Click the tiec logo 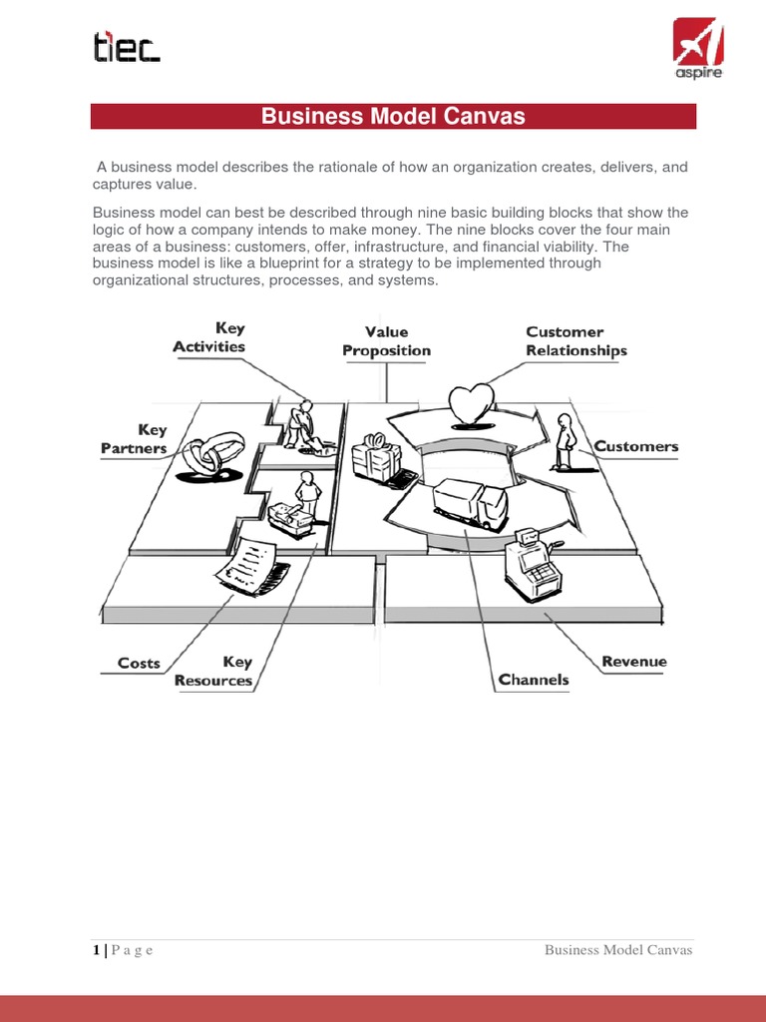pyautogui.click(x=126, y=48)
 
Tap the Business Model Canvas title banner pyautogui.click(x=393, y=117)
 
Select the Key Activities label pyautogui.click(x=209, y=337)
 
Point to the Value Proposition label pyautogui.click(x=386, y=341)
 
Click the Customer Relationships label pyautogui.click(x=576, y=341)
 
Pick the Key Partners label pyautogui.click(x=134, y=439)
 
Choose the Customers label pyautogui.click(x=636, y=446)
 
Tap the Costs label pyautogui.click(x=139, y=663)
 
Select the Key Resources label pyautogui.click(x=213, y=672)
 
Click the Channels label pyautogui.click(x=534, y=680)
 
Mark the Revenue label pyautogui.click(x=634, y=662)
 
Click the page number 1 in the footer pyautogui.click(x=96, y=950)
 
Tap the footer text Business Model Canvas pyautogui.click(x=618, y=950)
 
